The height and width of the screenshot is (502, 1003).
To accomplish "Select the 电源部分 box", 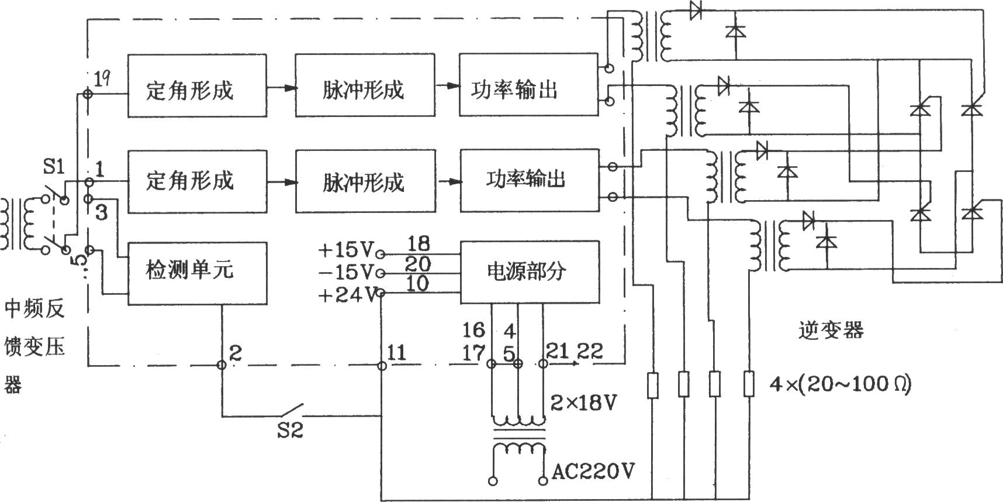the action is coord(530,272).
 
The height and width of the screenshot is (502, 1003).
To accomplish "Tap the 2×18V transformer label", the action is coord(584,403).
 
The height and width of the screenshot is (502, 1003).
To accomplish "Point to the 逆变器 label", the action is coord(831,331).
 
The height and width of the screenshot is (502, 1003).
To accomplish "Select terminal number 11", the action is coord(396,352).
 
